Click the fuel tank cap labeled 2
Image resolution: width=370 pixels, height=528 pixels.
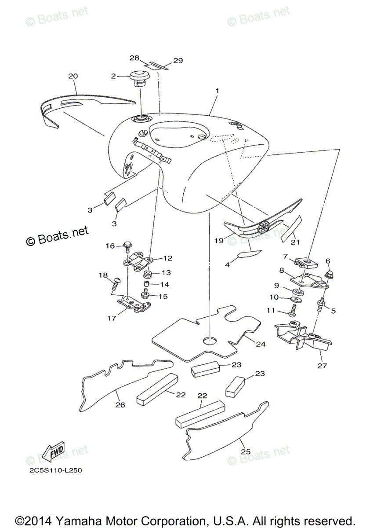tap(139, 77)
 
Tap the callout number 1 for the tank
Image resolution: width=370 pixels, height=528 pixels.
tap(217, 90)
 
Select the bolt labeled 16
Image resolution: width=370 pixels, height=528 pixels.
tap(127, 244)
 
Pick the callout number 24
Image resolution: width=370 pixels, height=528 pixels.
tap(261, 345)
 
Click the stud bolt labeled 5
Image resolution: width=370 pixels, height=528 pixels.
tap(320, 304)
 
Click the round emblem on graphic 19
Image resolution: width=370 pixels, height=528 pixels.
tap(264, 227)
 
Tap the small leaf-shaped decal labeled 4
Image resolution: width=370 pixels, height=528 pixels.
tap(249, 254)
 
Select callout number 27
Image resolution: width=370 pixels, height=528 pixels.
tap(322, 366)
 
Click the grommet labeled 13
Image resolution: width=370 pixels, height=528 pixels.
tap(148, 275)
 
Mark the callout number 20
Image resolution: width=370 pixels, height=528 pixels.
tap(73, 76)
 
